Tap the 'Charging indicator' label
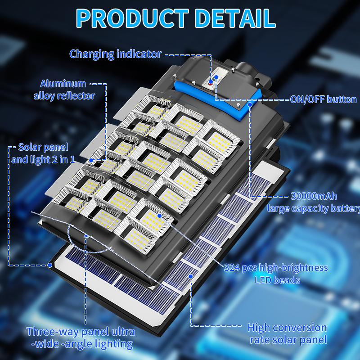click(x=115, y=54)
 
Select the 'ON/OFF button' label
click(x=323, y=99)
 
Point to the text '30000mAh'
click(x=314, y=196)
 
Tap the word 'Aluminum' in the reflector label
click(x=63, y=84)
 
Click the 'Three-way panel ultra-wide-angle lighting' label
click(x=81, y=338)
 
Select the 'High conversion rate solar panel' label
click(x=287, y=333)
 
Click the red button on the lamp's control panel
click(x=210, y=83)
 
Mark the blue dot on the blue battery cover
click(x=250, y=104)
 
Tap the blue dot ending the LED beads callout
click(x=160, y=216)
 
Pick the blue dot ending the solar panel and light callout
click(x=49, y=265)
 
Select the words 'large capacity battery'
click(x=314, y=208)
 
